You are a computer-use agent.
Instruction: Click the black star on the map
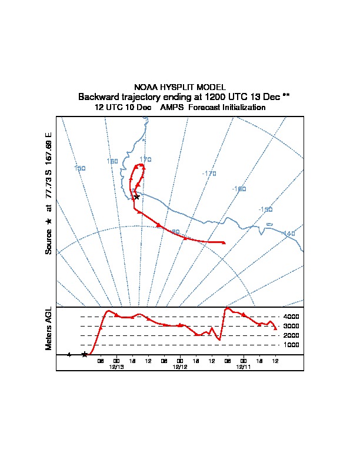point(136,197)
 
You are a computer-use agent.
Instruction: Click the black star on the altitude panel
point(85,354)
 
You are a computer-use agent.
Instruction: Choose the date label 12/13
point(116,367)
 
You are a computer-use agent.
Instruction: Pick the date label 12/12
point(180,367)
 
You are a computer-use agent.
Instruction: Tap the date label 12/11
point(244,367)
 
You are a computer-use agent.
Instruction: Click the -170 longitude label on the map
point(209,174)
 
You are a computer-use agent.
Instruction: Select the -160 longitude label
point(239,189)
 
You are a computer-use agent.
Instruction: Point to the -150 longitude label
point(265,209)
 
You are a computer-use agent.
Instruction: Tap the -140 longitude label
point(288,234)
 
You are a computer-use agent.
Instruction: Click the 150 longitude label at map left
point(80,168)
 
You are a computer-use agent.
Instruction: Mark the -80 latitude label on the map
point(175,232)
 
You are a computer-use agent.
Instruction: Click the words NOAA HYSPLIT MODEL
point(179,87)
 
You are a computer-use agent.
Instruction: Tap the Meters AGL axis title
point(49,329)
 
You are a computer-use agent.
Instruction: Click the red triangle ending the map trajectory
point(224,242)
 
